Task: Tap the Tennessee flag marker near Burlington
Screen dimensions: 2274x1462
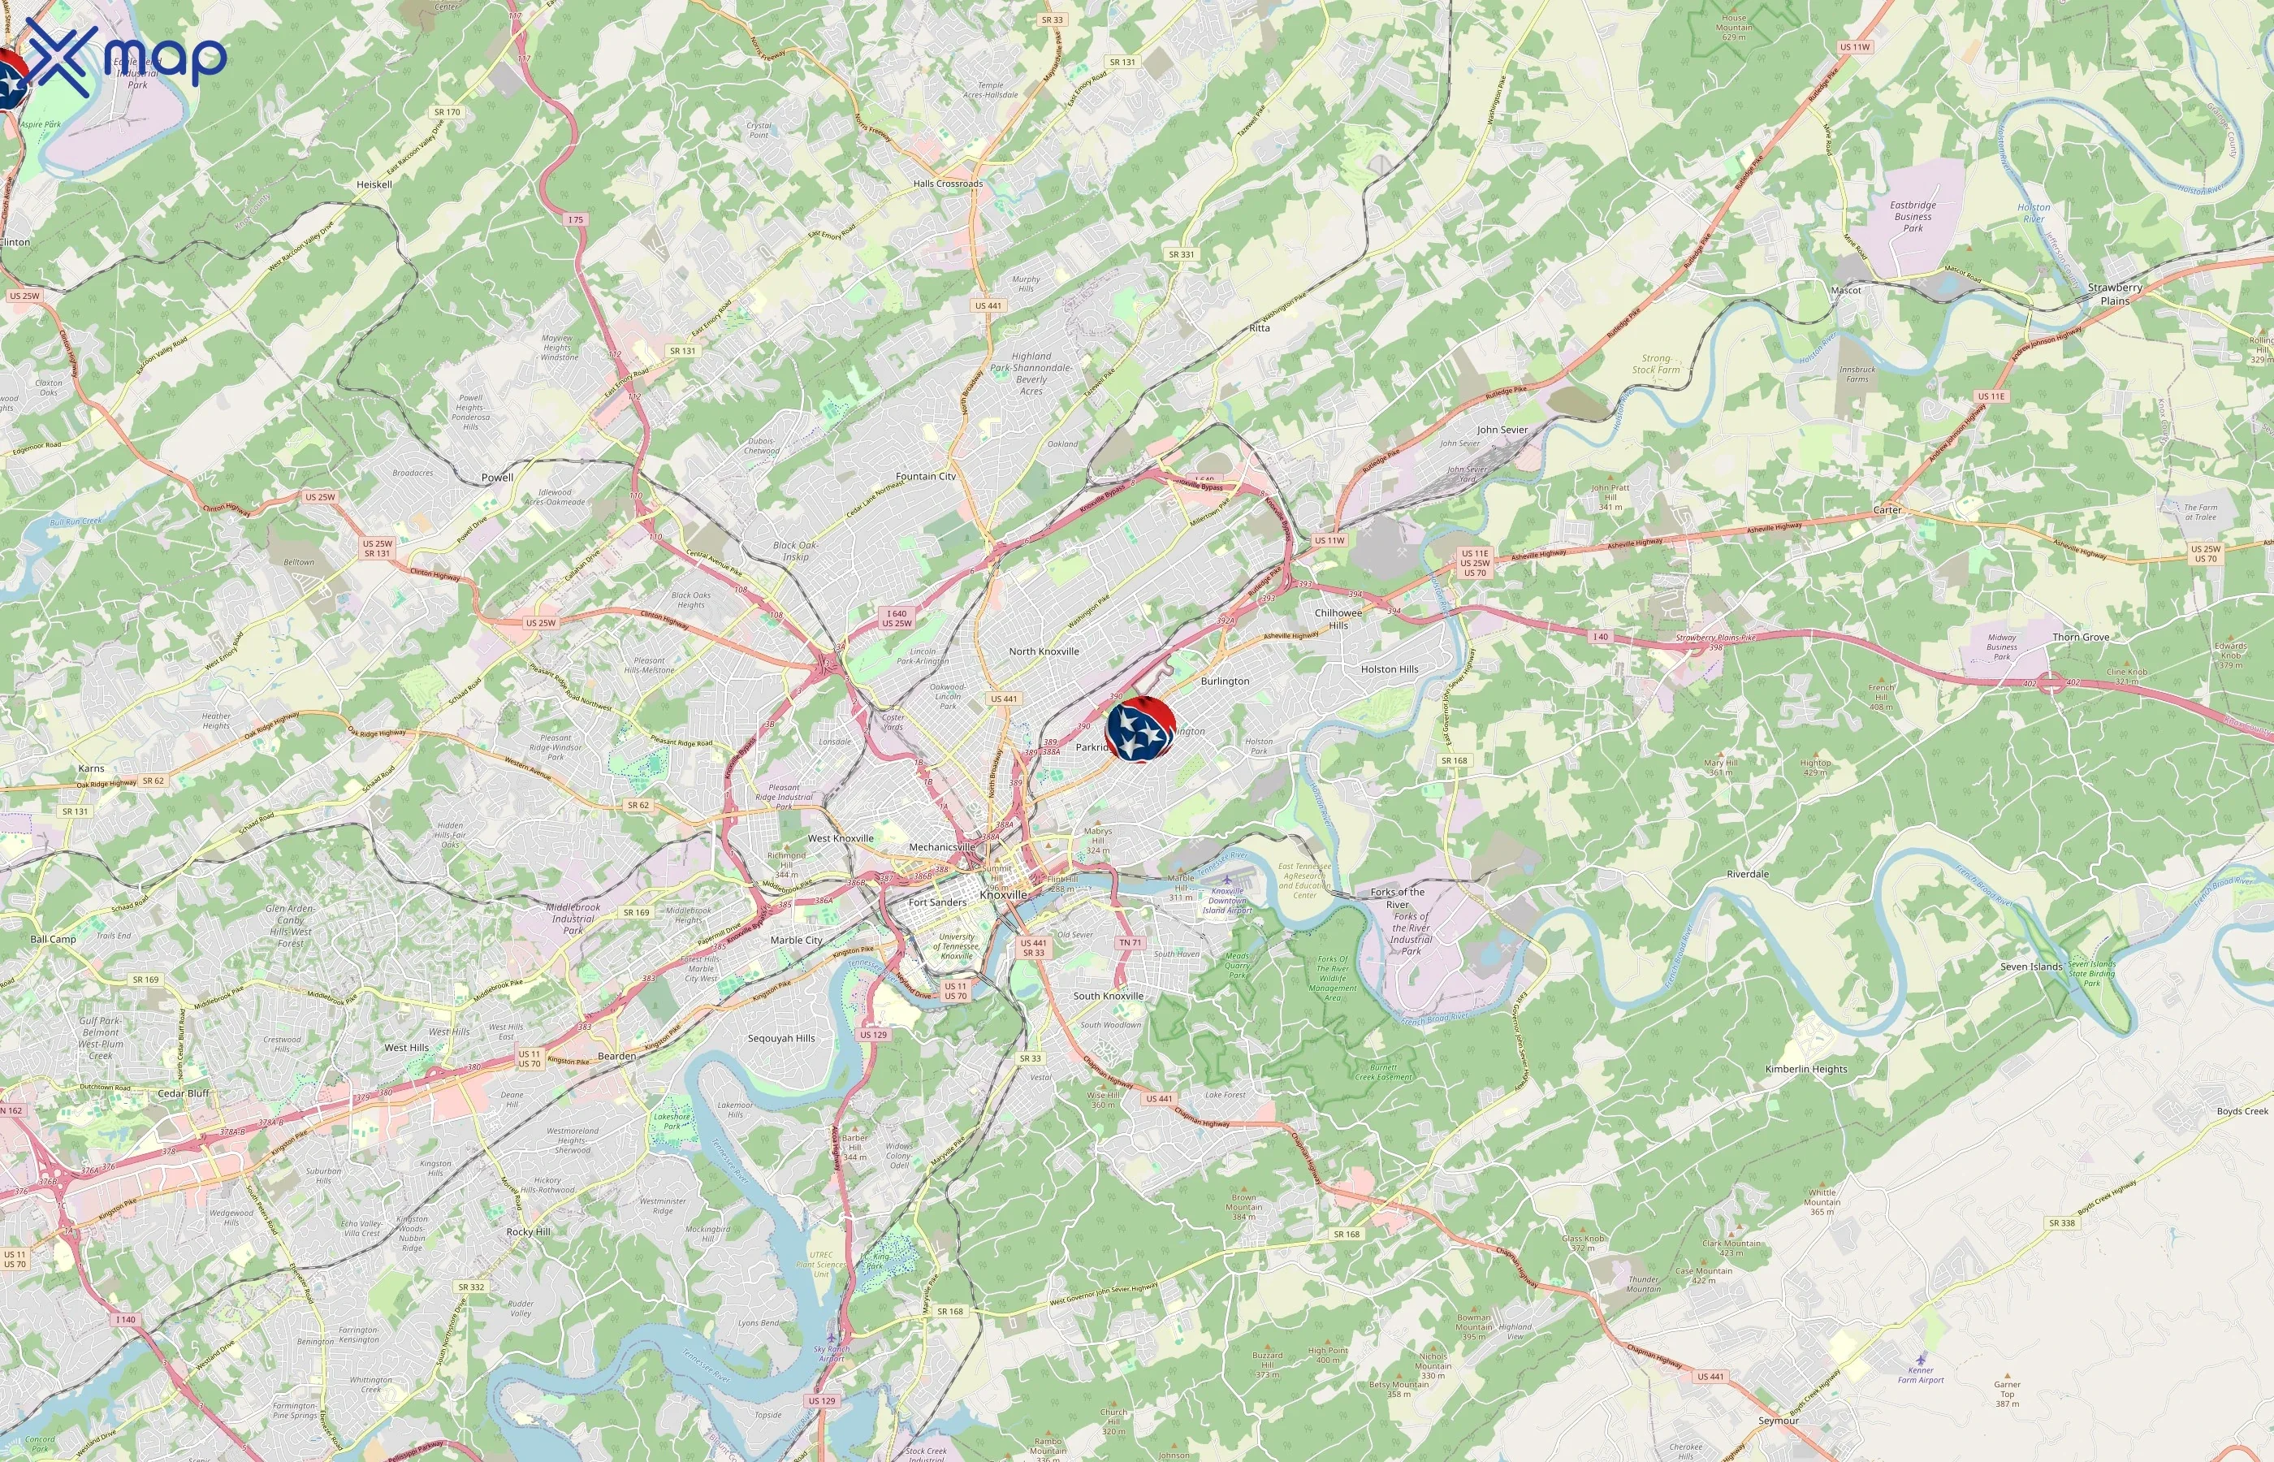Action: (x=1140, y=728)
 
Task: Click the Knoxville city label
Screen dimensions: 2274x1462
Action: (x=1003, y=894)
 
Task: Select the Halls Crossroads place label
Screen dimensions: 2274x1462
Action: (x=947, y=184)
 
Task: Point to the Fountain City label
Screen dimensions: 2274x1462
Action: (x=925, y=476)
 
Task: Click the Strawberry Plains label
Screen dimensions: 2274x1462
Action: (x=2115, y=293)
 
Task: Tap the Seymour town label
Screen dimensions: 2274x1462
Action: (x=1778, y=1421)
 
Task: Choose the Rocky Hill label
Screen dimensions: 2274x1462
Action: (x=528, y=1231)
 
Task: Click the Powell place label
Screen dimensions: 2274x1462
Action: (x=497, y=478)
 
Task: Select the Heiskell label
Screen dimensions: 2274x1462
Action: (x=374, y=184)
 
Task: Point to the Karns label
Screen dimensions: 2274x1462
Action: (x=91, y=768)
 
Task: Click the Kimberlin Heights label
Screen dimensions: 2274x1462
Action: (x=1805, y=1068)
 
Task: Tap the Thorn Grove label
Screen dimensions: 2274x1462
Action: (x=2081, y=637)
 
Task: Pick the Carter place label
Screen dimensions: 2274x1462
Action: (x=1887, y=510)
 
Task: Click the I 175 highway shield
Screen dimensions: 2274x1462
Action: (x=576, y=219)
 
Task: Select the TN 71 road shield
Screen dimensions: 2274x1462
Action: (x=1130, y=943)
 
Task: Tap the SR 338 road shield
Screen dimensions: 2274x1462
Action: (x=2061, y=1222)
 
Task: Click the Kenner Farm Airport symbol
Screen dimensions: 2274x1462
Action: (x=1920, y=1359)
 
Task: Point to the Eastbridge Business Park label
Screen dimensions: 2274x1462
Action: (x=1913, y=216)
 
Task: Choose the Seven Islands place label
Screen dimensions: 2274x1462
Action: (x=2031, y=967)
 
